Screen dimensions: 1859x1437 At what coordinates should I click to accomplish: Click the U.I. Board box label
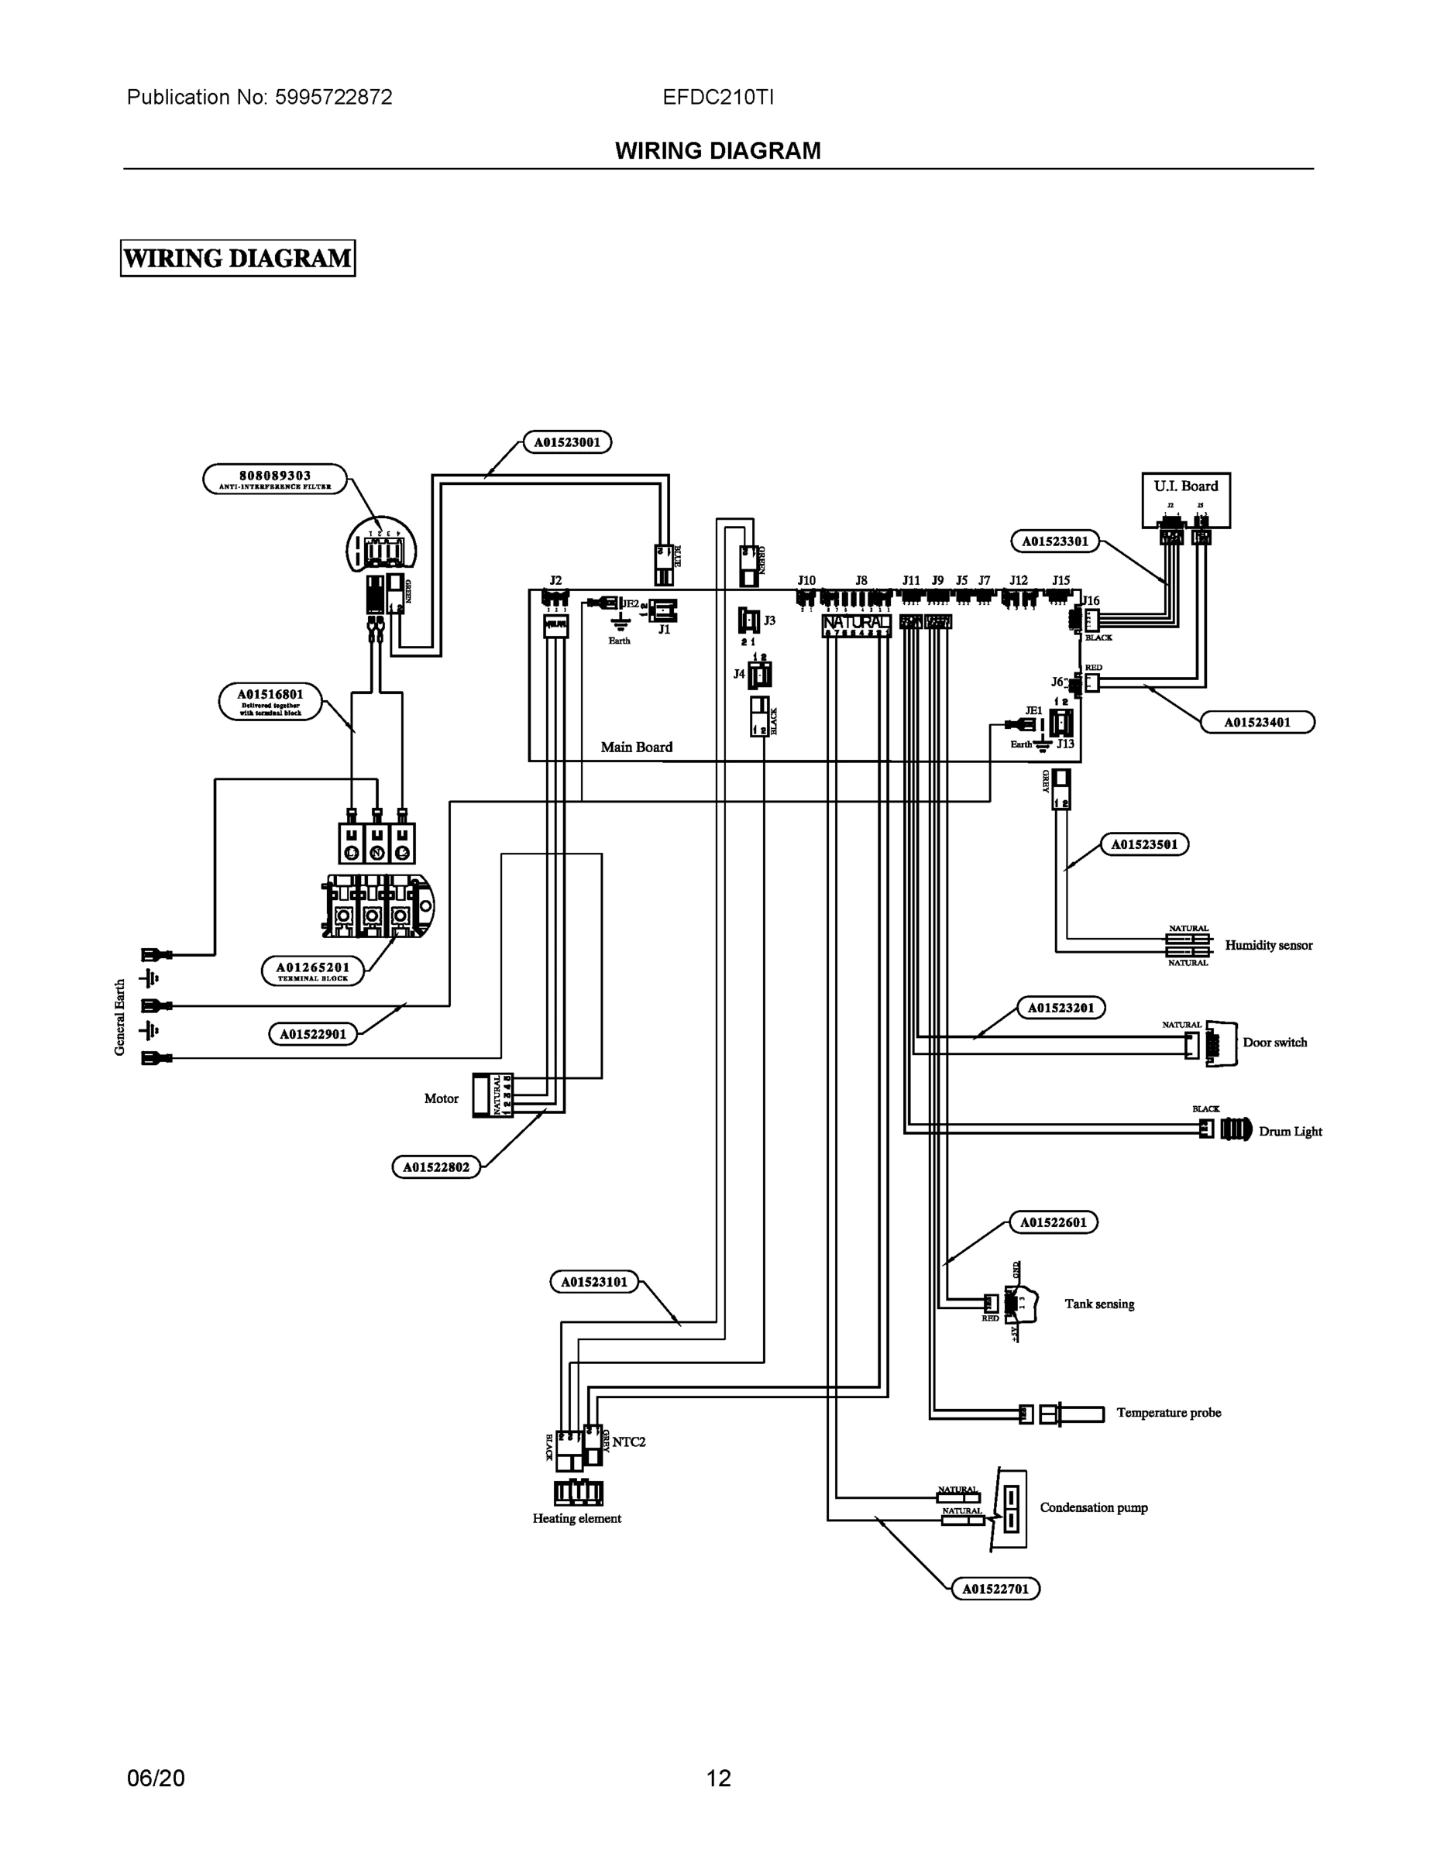[1185, 486]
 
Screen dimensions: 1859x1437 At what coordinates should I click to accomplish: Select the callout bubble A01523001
[567, 442]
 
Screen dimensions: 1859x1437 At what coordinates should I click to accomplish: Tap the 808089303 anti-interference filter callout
[275, 479]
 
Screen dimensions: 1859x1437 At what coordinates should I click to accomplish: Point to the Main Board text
[636, 747]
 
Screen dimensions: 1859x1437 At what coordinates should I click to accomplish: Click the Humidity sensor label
[1267, 945]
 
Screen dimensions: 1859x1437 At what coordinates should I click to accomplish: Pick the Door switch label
[1274, 1042]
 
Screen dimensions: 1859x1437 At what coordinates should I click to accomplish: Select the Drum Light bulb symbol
[1236, 1129]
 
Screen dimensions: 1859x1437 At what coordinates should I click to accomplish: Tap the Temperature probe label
[1168, 1412]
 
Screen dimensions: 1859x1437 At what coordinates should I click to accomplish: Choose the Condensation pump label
[1093, 1507]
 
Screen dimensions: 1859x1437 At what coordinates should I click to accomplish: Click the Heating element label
[576, 1517]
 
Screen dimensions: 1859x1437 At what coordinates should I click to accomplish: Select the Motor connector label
[441, 1098]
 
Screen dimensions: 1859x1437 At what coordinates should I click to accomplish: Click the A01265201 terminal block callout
[312, 971]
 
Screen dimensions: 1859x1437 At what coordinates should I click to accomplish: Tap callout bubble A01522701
[995, 1589]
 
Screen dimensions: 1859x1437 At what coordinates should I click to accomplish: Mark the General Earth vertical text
[120, 1017]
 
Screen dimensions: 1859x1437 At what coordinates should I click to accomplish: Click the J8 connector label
[861, 580]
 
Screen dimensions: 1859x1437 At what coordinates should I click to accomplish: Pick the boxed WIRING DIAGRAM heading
[238, 258]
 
